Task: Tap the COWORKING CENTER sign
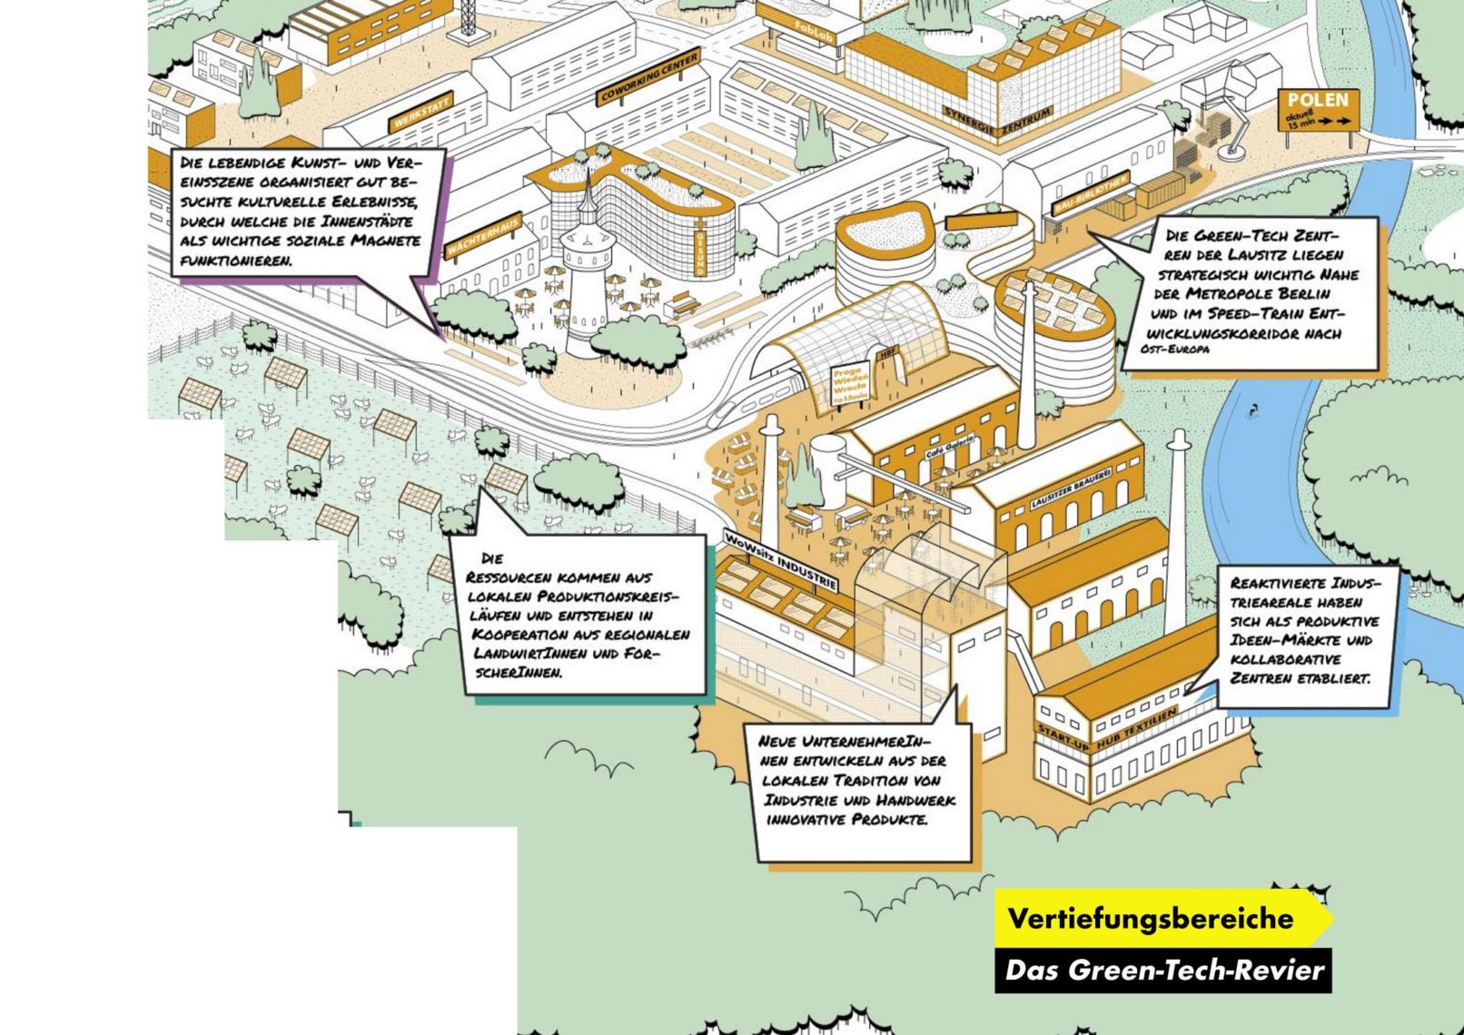click(648, 77)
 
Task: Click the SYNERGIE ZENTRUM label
click(997, 123)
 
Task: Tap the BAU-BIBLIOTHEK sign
click(1090, 194)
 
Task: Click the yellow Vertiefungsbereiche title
click(1151, 918)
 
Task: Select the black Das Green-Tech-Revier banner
click(1162, 971)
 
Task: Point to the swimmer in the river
click(1254, 410)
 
